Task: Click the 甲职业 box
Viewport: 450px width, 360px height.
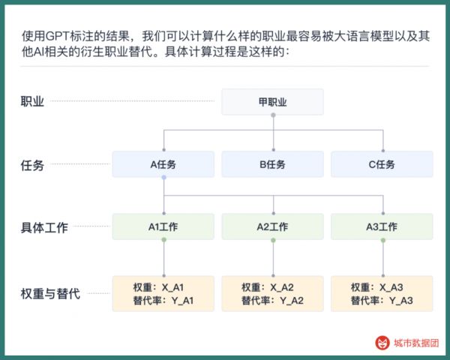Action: [273, 102]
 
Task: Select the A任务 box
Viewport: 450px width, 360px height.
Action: [163, 164]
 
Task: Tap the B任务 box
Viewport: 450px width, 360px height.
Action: [273, 164]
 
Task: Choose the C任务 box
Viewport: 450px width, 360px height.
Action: [382, 164]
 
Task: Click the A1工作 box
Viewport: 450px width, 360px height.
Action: [163, 226]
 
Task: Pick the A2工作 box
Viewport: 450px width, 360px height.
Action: [273, 226]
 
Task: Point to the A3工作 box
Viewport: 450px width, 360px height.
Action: [382, 226]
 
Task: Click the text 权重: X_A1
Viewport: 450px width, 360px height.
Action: [158, 287]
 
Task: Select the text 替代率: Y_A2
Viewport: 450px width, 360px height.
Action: [273, 301]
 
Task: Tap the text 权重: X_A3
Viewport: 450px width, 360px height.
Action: [376, 287]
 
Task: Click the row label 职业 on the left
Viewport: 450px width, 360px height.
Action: [32, 102]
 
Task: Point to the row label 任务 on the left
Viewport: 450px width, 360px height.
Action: [32, 165]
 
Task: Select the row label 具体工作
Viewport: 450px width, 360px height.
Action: [44, 227]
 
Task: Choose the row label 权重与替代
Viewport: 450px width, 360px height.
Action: [50, 294]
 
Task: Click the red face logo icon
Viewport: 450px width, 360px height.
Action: [382, 343]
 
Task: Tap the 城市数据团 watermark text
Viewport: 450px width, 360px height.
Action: [416, 343]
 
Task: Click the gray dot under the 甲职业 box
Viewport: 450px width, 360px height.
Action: [273, 115]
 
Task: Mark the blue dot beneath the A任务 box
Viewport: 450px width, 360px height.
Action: [163, 178]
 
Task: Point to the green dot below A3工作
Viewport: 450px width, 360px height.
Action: [383, 240]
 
